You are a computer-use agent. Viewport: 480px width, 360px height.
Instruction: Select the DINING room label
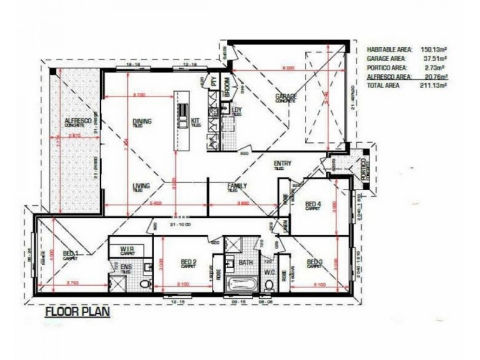coord(142,122)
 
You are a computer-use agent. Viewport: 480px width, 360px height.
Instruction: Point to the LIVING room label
coord(142,187)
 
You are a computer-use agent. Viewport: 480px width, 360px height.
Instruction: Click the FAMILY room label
coord(237,187)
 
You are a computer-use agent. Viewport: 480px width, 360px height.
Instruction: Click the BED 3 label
coord(315,262)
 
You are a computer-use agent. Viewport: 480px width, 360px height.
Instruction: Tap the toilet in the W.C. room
coord(270,284)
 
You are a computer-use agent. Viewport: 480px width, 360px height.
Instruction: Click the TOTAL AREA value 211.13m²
coord(434,86)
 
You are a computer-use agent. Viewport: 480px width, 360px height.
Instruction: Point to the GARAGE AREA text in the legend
coord(386,59)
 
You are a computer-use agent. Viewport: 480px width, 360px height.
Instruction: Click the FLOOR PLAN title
coord(76,312)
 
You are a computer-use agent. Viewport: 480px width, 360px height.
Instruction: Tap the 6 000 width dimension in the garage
coord(288,68)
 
